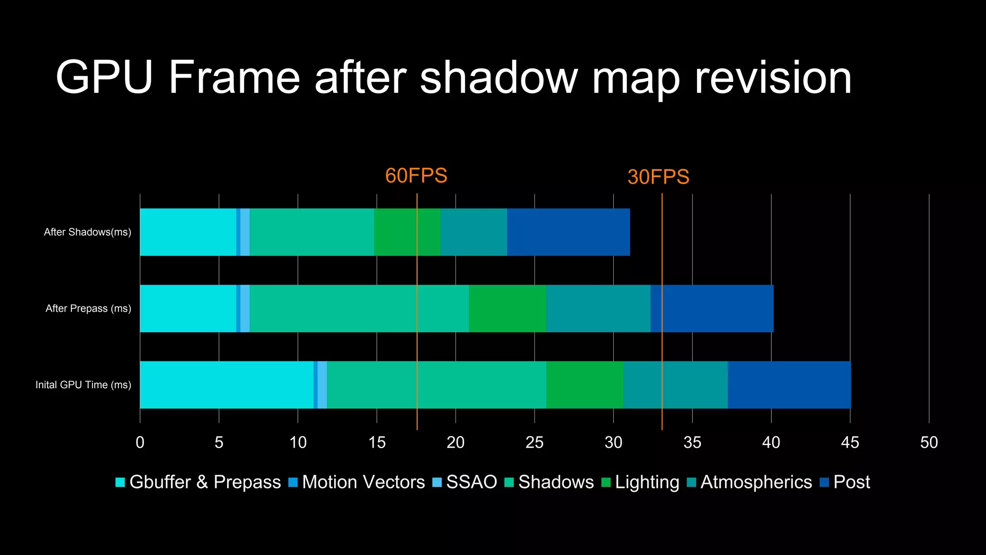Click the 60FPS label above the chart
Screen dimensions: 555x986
(416, 176)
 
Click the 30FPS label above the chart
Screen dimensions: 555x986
(658, 177)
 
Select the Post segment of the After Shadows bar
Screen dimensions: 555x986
(568, 232)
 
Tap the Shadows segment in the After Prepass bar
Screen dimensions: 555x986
(359, 308)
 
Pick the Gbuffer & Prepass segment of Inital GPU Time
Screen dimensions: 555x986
(226, 385)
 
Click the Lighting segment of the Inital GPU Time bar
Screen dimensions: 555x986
(584, 385)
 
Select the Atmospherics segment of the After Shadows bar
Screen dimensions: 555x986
(473, 232)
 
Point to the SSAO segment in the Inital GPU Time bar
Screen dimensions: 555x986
(322, 385)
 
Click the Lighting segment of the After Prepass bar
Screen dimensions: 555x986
(507, 308)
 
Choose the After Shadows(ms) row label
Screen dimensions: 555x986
(88, 232)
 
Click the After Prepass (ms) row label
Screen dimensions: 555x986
(88, 308)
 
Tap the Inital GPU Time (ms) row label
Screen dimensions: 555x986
(83, 385)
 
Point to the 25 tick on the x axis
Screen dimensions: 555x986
(534, 442)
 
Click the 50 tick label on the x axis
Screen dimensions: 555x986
(929, 442)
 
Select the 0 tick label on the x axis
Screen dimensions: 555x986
(140, 442)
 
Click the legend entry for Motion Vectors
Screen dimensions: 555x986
(357, 482)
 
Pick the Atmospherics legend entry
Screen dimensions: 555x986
(750, 482)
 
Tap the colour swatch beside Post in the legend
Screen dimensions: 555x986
(824, 482)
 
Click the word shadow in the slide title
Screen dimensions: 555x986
(498, 78)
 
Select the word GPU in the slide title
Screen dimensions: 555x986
(104, 78)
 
